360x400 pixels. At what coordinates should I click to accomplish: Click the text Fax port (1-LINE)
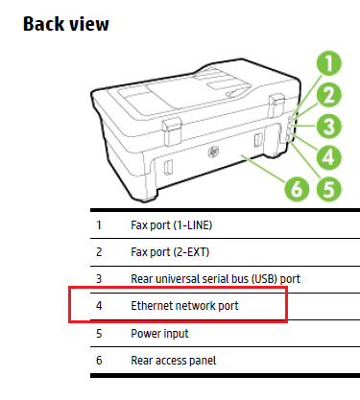point(172,225)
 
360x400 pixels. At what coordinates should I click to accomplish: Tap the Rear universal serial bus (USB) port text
point(216,279)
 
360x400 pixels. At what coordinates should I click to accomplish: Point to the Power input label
point(158,333)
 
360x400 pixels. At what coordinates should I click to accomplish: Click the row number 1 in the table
point(98,225)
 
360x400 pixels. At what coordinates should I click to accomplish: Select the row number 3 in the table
point(98,279)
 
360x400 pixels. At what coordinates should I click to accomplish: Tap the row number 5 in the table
point(98,333)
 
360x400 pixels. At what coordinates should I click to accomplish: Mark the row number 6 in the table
point(98,360)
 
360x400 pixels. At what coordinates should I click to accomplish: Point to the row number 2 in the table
point(98,252)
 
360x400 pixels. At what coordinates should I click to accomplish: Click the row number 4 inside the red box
point(98,306)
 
